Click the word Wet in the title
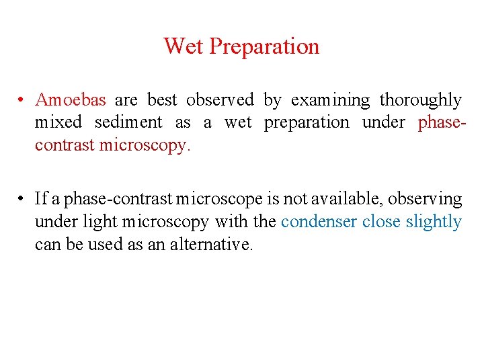click(184, 46)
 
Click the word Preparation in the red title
click(264, 47)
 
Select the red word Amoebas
click(71, 100)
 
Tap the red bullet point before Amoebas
click(22, 100)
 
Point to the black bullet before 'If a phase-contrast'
click(22, 199)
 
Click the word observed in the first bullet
click(220, 100)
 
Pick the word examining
click(330, 100)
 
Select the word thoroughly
click(421, 100)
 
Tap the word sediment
click(128, 122)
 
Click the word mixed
click(58, 122)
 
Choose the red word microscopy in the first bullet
click(145, 145)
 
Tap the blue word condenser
click(319, 221)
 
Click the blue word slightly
click(434, 221)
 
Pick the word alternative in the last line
click(211, 243)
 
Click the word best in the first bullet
click(161, 100)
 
